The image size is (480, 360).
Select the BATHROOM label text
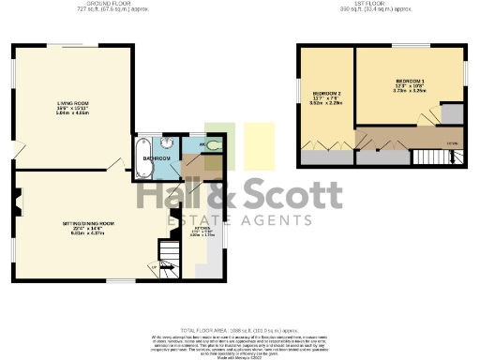pos(157,158)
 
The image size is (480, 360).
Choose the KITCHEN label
pos(202,227)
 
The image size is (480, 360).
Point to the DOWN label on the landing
pos(452,142)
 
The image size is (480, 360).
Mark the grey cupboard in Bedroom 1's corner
pos(451,113)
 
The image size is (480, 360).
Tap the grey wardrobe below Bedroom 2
pos(322,157)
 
